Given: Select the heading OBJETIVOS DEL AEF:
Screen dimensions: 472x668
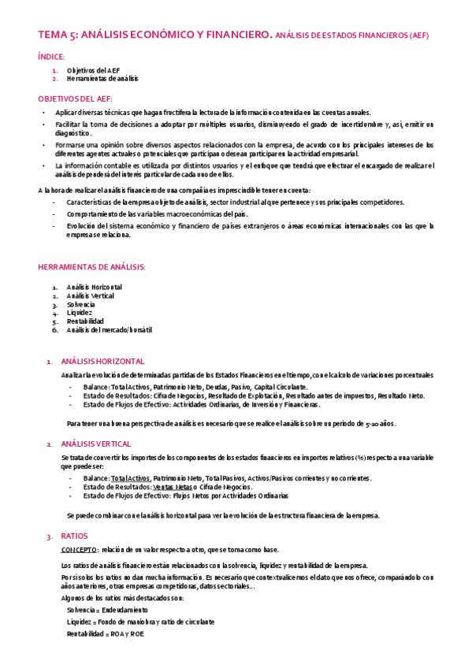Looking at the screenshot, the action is pyautogui.click(x=75, y=98).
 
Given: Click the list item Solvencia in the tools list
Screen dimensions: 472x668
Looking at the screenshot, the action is pyautogui.click(x=80, y=304).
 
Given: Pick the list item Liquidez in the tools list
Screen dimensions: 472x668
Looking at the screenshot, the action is pyautogui.click(x=80, y=313).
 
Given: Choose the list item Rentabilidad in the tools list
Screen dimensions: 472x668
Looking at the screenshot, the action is pyautogui.click(x=85, y=321).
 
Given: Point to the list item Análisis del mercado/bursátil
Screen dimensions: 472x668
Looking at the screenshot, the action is pyautogui.click(x=109, y=330).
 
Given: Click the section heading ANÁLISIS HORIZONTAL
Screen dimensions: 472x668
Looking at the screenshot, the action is pyautogui.click(x=102, y=361).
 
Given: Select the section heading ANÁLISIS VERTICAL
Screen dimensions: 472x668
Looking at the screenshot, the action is pyautogui.click(x=95, y=444).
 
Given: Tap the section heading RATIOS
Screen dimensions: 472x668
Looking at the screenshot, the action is pyautogui.click(x=73, y=536).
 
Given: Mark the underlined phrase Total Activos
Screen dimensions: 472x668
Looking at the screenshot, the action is pyautogui.click(x=130, y=478).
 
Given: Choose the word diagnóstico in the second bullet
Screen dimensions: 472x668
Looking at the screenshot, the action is pyautogui.click(x=73, y=133).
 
